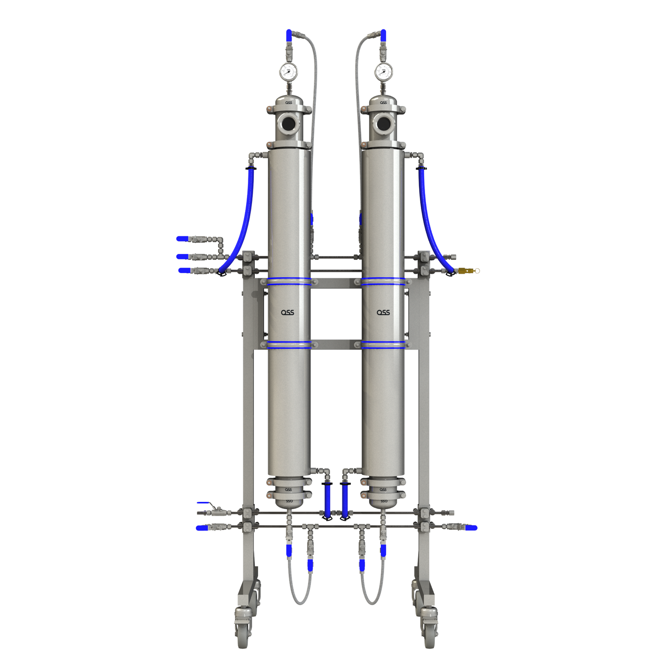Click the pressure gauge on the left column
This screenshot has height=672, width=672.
pyautogui.click(x=288, y=71)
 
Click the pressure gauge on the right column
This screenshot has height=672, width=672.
pyautogui.click(x=383, y=71)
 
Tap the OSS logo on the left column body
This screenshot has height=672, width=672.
pyautogui.click(x=287, y=313)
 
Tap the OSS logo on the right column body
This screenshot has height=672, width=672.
pyautogui.click(x=383, y=313)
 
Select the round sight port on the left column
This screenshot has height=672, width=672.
pyautogui.click(x=289, y=123)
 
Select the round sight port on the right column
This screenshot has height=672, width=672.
pyautogui.click(x=384, y=123)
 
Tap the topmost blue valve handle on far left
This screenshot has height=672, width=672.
pyautogui.click(x=182, y=239)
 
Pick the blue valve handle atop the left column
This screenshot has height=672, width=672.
pyautogui.click(x=289, y=35)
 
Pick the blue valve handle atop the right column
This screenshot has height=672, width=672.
pyautogui.click(x=383, y=35)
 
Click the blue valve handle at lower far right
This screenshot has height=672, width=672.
pyautogui.click(x=471, y=528)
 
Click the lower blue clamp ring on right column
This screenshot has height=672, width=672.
pyautogui.click(x=383, y=344)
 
